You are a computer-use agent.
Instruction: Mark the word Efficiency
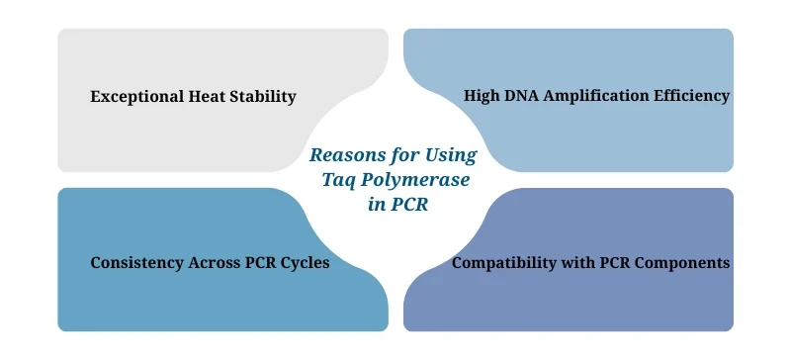(x=693, y=96)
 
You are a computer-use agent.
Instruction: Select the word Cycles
(x=305, y=264)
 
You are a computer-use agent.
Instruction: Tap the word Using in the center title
(x=451, y=155)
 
